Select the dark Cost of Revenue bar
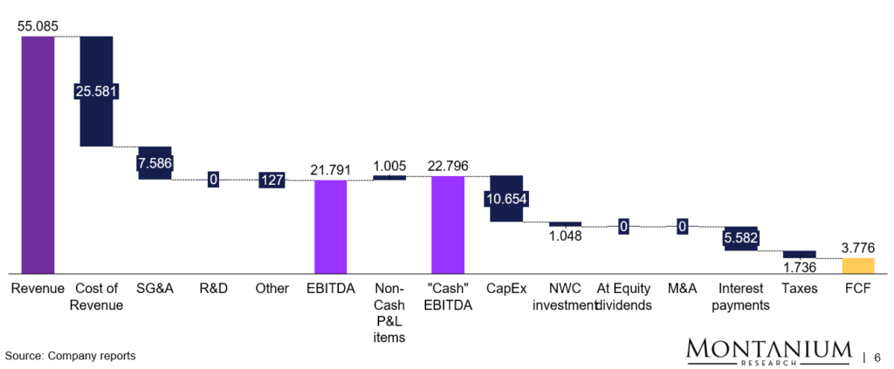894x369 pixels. point(96,91)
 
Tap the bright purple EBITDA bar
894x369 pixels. point(331,227)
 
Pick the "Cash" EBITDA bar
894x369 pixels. point(447,225)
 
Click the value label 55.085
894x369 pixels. point(38,26)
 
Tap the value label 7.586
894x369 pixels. point(155,163)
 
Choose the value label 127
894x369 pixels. point(272,181)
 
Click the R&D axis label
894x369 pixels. point(213,289)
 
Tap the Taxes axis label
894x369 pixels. point(799,289)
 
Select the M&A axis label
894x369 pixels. point(682,289)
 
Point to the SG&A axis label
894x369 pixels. point(155,289)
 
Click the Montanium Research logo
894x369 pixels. point(769,352)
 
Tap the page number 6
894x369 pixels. point(877,357)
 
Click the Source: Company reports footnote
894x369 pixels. point(70,356)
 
